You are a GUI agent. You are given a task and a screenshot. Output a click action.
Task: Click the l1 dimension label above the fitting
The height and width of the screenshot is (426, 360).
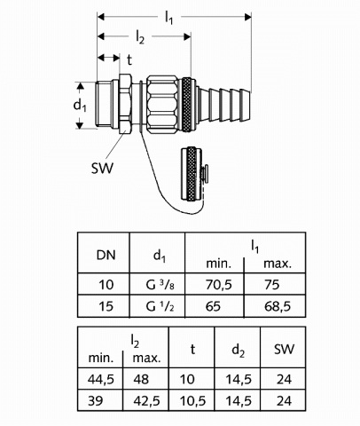(x=168, y=18)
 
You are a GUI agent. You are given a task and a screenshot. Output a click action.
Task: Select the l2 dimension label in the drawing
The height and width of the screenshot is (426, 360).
(x=140, y=37)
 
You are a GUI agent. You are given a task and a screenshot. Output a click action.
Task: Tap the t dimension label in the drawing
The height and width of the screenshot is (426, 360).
(x=129, y=59)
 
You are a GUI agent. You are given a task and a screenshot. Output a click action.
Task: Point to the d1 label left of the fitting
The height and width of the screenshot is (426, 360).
(x=80, y=106)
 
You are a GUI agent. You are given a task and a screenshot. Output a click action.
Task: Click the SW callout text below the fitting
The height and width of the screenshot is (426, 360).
(x=102, y=169)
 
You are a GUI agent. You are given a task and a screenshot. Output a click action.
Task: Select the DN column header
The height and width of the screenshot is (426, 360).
(x=106, y=255)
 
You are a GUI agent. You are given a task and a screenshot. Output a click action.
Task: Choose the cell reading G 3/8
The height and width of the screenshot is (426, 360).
(x=160, y=285)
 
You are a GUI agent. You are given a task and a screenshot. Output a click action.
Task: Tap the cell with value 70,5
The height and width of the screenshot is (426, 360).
(x=219, y=285)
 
